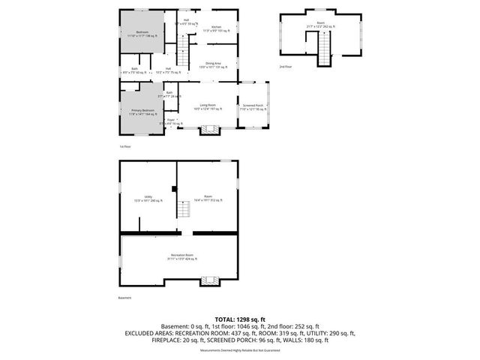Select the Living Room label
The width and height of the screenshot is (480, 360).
coord(207,107)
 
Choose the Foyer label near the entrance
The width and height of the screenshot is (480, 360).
coord(171,121)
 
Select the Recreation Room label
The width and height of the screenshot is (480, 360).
coord(178,257)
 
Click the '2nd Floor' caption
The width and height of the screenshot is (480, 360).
coord(286,67)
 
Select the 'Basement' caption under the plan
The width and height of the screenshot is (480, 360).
coord(124,298)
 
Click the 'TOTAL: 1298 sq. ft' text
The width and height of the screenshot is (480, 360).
coord(239,319)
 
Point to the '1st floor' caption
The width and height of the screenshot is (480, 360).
coord(125,146)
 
